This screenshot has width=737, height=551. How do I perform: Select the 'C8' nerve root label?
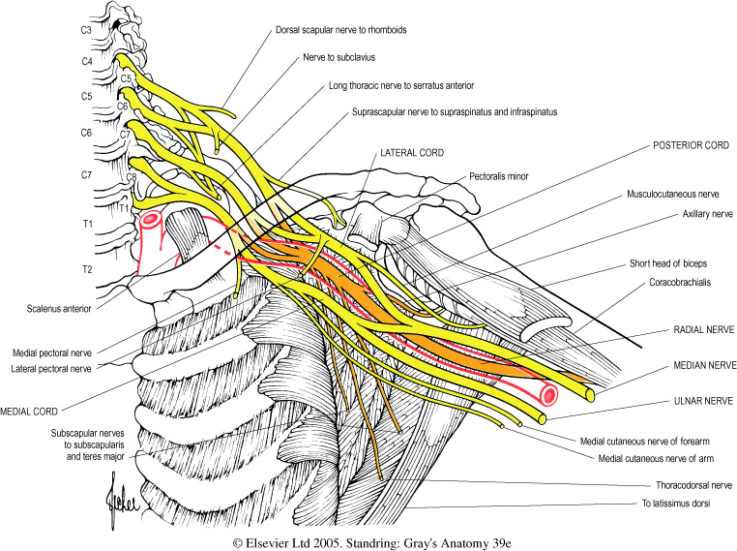tap(130, 177)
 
